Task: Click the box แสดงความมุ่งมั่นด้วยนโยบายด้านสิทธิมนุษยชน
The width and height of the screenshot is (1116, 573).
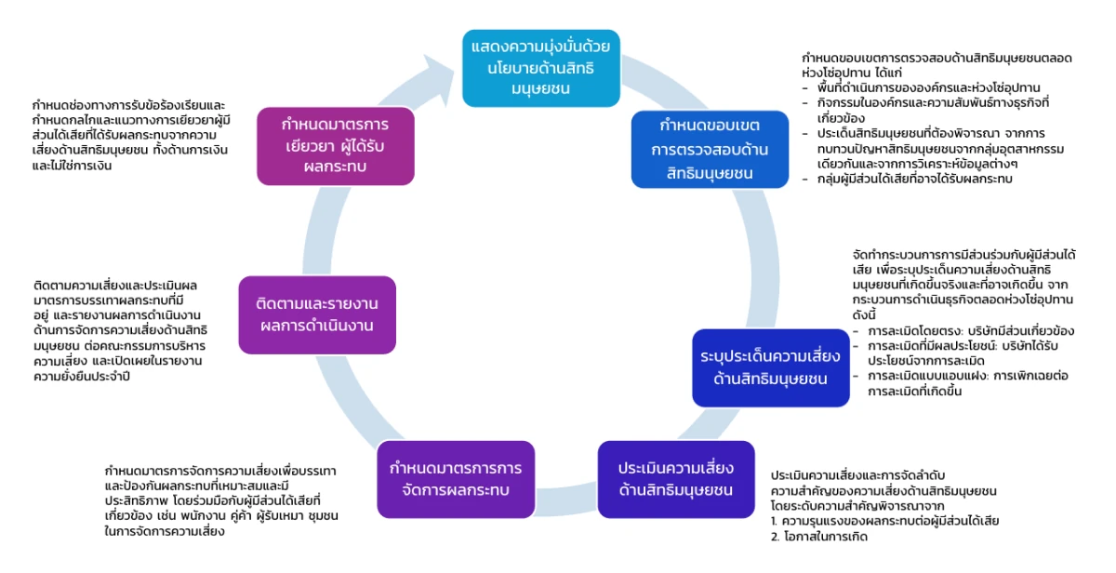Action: click(542, 67)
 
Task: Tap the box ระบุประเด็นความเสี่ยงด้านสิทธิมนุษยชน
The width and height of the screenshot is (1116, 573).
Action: click(770, 366)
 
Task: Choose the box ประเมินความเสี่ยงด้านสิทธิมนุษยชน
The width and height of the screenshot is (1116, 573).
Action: click(675, 478)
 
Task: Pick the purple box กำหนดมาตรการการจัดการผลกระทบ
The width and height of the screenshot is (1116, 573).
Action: click(456, 478)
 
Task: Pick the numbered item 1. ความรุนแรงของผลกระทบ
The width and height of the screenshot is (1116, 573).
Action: click(884, 521)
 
